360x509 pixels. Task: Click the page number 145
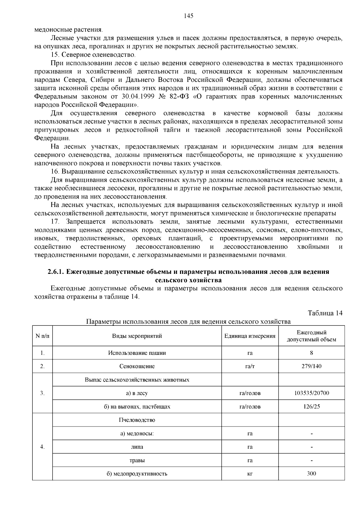tap(188, 16)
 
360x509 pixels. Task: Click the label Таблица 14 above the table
tap(325, 313)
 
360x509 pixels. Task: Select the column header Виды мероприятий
tap(137, 336)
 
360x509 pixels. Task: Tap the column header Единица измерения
tap(250, 336)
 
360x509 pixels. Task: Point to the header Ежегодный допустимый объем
tap(311, 336)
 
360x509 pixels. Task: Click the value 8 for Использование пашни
tap(311, 353)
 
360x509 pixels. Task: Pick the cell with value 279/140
tap(311, 366)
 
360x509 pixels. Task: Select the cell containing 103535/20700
tap(311, 393)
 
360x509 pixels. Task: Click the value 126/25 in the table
tap(311, 406)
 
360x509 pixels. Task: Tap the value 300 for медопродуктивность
tap(311, 474)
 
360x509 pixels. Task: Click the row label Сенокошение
tap(137, 366)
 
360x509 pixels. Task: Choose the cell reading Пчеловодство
tap(137, 420)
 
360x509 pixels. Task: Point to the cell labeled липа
tap(137, 447)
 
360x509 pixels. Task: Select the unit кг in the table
tap(250, 474)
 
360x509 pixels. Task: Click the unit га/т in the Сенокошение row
tap(250, 366)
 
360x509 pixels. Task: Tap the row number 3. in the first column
tap(42, 393)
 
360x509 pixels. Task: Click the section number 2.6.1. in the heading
tap(56, 272)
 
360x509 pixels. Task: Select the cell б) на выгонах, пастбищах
tap(137, 406)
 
